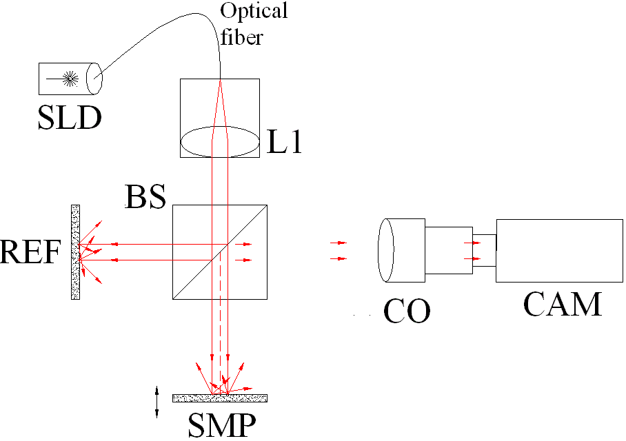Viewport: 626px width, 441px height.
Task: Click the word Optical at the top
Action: point(253,12)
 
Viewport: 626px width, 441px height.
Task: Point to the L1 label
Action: point(284,143)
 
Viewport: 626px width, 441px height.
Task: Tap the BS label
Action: point(145,198)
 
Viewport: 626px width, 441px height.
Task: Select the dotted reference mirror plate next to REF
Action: point(75,252)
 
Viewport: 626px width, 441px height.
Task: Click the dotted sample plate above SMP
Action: point(219,398)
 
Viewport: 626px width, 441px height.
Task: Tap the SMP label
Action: point(221,426)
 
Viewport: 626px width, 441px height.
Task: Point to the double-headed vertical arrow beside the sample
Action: point(157,402)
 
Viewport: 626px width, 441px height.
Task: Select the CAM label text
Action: point(562,303)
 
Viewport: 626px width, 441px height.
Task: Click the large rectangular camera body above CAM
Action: point(559,250)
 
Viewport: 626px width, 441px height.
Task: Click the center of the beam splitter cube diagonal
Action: point(220,252)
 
